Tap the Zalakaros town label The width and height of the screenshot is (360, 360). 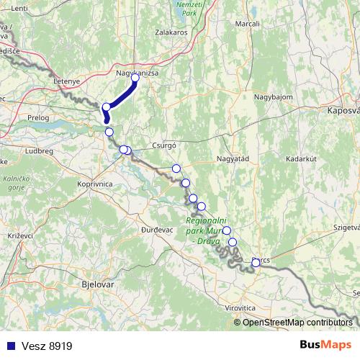(171, 32)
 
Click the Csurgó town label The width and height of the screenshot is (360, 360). (165, 145)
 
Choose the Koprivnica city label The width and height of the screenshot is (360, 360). (94, 184)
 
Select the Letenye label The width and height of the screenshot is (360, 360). (68, 81)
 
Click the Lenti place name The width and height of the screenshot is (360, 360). (19, 8)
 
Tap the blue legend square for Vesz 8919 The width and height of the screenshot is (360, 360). (9, 346)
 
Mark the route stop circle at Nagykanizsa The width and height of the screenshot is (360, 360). (135, 77)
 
